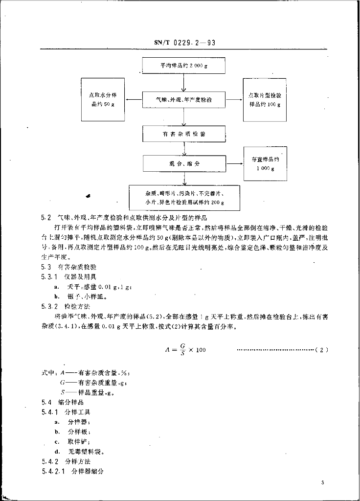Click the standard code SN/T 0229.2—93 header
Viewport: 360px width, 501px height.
click(x=181, y=43)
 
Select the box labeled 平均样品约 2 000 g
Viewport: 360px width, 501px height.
click(x=183, y=66)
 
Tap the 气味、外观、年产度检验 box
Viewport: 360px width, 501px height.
click(x=183, y=100)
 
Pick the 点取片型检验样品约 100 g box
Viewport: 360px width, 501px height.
click(x=265, y=100)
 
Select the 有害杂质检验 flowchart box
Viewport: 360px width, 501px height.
click(x=183, y=134)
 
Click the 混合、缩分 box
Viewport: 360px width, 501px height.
click(x=183, y=164)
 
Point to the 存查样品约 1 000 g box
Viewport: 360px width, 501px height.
click(x=265, y=164)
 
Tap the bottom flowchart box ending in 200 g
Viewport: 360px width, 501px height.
click(x=184, y=198)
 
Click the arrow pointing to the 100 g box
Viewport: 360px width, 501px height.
click(x=234, y=100)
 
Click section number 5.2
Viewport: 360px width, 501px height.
click(x=46, y=217)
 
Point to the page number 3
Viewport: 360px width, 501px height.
click(x=323, y=483)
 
